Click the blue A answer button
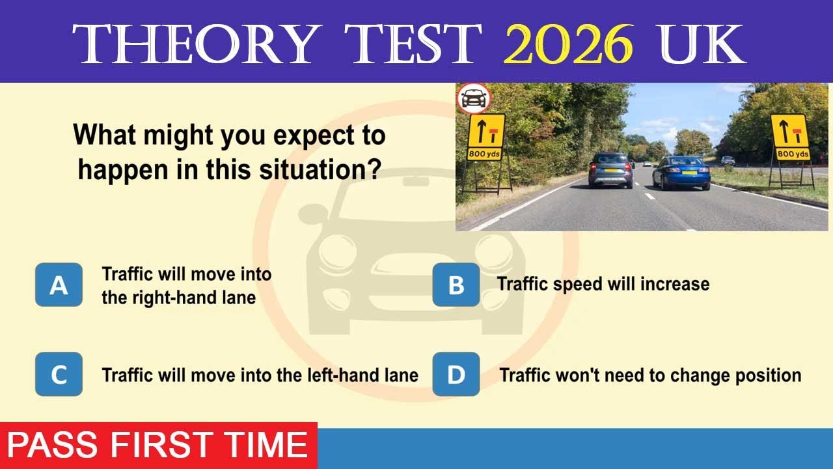coord(59,285)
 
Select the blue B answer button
coord(456,285)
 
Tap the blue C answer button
coord(59,374)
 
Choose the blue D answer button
coord(456,374)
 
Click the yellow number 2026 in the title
coord(567,44)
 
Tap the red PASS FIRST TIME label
coord(157,446)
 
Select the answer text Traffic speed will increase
coord(603,284)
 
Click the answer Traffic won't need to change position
coord(649,375)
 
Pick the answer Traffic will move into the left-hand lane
coord(260,375)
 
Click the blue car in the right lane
coord(681,173)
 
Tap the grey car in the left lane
coord(610,170)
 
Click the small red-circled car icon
coord(473,99)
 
